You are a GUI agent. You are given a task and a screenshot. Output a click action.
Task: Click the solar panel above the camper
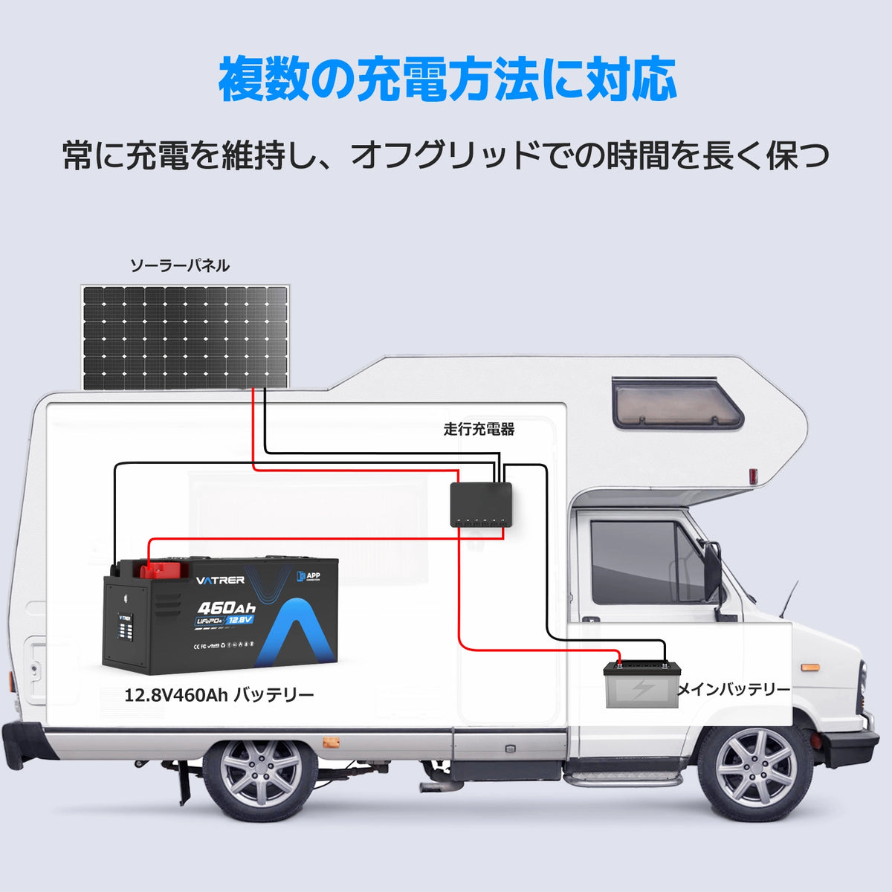click(185, 337)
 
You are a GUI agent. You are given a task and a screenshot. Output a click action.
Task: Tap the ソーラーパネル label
click(180, 265)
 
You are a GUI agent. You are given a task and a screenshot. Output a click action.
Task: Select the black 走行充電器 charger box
click(481, 502)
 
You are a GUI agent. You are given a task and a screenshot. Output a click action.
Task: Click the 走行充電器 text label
click(479, 429)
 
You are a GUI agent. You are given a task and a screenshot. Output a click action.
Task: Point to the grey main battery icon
click(641, 685)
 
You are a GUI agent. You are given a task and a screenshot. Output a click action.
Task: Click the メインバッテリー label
click(734, 689)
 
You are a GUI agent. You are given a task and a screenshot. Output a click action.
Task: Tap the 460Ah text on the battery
click(226, 607)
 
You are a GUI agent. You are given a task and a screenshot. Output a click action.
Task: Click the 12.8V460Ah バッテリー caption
click(219, 695)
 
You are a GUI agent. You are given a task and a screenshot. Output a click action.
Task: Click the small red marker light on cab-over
click(753, 476)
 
